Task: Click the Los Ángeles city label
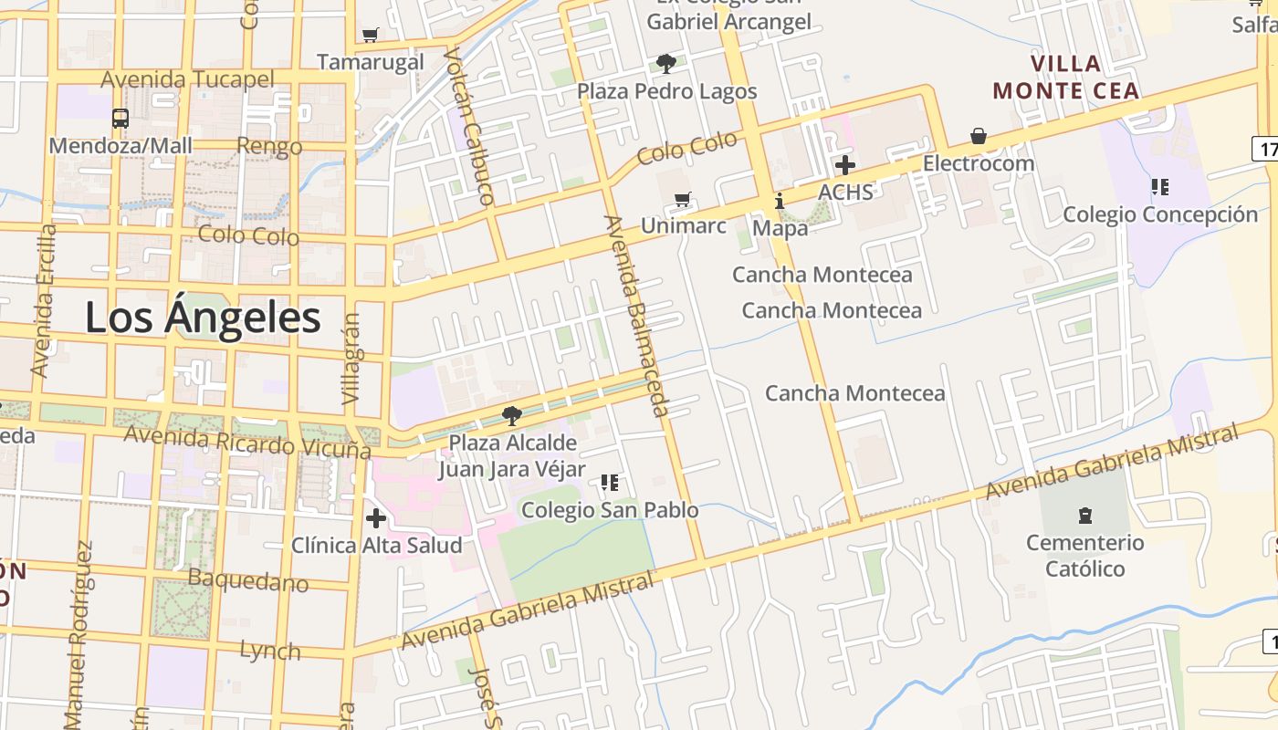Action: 203,318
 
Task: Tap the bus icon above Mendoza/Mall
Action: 120,118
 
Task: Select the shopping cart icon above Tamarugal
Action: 370,36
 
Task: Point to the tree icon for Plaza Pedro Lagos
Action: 666,64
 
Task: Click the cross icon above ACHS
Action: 845,165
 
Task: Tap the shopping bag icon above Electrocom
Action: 979,137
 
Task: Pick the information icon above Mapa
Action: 780,201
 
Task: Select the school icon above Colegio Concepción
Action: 1160,187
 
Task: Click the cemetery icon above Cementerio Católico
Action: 1084,516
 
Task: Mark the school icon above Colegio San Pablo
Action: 610,483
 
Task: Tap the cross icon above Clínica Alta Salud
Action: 376,518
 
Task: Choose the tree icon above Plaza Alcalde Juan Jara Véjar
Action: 512,416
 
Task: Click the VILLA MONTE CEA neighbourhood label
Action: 1066,78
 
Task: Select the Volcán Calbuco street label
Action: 467,125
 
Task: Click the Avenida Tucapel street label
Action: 187,79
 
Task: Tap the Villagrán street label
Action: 351,360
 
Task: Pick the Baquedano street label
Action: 248,579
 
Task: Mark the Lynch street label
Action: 270,651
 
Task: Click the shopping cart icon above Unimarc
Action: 683,199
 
